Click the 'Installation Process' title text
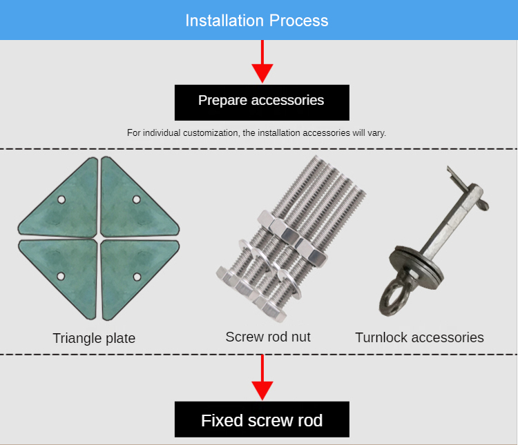(257, 21)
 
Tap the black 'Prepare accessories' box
(262, 103)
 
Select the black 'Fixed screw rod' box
(262, 419)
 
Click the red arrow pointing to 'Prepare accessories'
(262, 61)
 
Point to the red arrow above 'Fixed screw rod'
(262, 377)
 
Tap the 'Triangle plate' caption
(94, 338)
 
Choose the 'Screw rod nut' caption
(268, 337)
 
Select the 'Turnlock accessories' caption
(419, 337)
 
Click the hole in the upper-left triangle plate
(61, 199)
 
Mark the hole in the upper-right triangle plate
(137, 199)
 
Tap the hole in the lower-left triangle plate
(61, 276)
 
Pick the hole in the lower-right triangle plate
(137, 277)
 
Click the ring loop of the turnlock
(384, 297)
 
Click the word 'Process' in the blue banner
(298, 21)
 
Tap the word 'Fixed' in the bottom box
(222, 420)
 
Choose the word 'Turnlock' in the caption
(381, 337)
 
